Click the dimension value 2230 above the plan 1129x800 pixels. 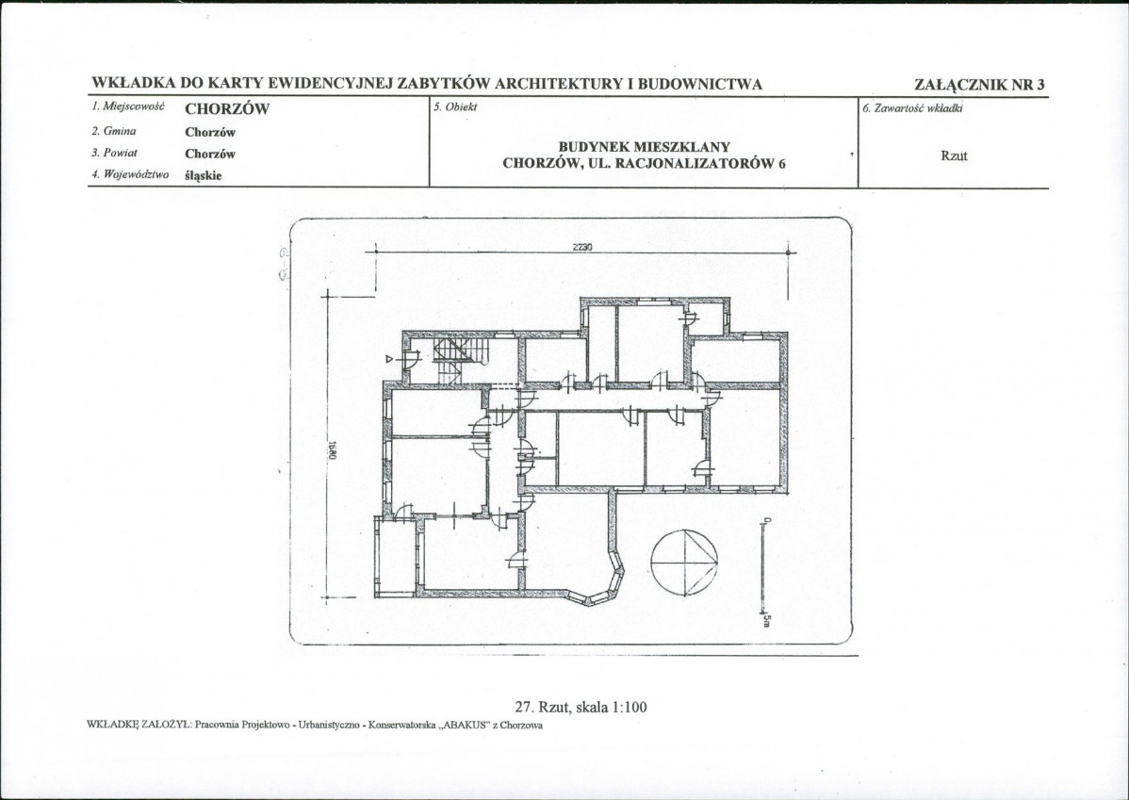point(582,247)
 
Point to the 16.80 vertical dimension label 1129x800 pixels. point(333,450)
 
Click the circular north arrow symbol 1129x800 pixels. point(685,562)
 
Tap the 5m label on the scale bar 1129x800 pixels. point(767,619)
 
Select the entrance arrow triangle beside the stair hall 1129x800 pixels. point(389,358)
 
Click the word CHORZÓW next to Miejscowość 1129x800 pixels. point(227,109)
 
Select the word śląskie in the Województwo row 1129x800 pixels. point(203,175)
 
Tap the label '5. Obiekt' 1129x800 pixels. point(455,107)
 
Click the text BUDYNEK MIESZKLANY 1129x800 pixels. point(645,148)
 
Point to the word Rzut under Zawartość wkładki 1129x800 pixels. point(954,155)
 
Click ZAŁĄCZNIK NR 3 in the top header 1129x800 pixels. point(979,84)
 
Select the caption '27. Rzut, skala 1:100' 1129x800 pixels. point(581,707)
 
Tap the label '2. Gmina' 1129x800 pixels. point(114,132)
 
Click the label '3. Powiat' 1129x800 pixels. point(114,154)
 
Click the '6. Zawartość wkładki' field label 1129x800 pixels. point(912,108)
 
